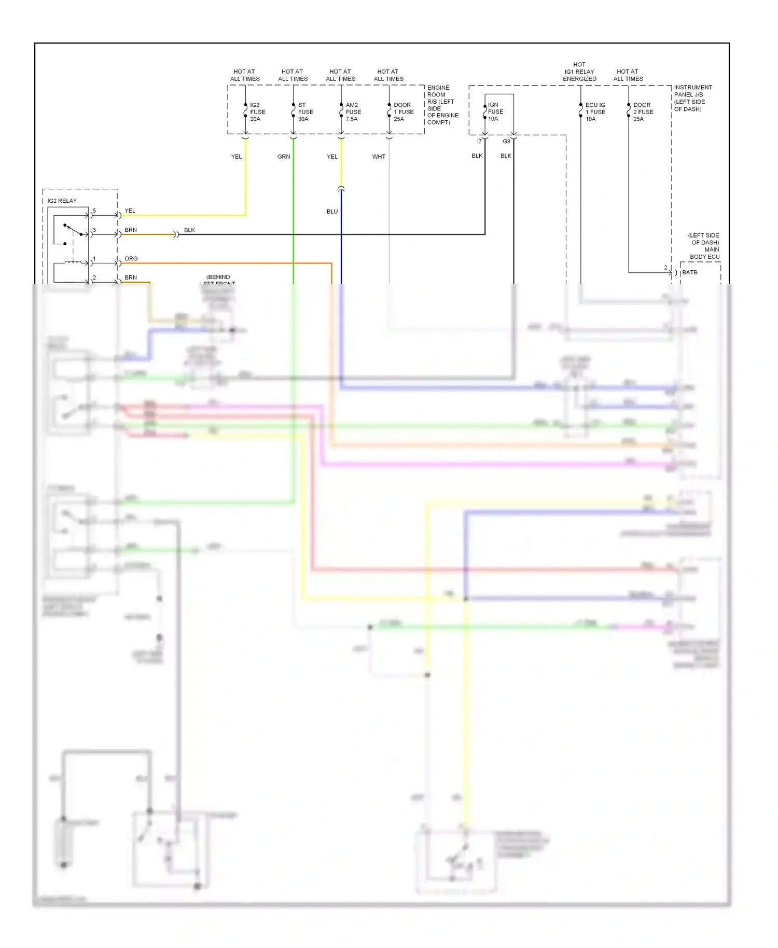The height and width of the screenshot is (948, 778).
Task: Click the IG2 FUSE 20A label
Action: [257, 112]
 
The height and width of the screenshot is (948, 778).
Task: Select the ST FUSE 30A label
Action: [305, 112]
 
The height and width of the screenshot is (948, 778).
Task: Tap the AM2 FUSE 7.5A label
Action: [353, 112]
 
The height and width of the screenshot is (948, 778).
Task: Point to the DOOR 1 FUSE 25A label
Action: [404, 112]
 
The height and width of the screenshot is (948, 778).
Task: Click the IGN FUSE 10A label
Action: [495, 111]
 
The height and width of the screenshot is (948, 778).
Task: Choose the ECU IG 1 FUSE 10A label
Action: [595, 112]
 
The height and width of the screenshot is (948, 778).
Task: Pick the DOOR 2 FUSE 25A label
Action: [643, 112]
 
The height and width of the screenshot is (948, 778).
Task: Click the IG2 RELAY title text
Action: [62, 201]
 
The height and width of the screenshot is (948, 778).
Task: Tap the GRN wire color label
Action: [284, 157]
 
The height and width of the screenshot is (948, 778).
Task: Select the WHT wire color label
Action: [379, 157]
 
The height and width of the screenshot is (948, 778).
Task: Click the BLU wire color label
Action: [332, 212]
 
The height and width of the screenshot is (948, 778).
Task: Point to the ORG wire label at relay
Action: [131, 259]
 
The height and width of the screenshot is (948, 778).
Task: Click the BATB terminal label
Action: [689, 272]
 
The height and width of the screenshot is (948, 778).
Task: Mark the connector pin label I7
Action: [479, 142]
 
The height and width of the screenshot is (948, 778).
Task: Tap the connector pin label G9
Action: [506, 142]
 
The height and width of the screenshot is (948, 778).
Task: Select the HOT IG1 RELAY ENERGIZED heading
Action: [579, 72]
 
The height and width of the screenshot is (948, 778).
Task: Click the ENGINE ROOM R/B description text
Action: [442, 105]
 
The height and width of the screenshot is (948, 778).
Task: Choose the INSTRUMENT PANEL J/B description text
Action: [692, 98]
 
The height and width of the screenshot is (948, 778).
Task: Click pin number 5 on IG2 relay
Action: [94, 211]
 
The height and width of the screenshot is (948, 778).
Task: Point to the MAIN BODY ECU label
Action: [704, 253]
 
